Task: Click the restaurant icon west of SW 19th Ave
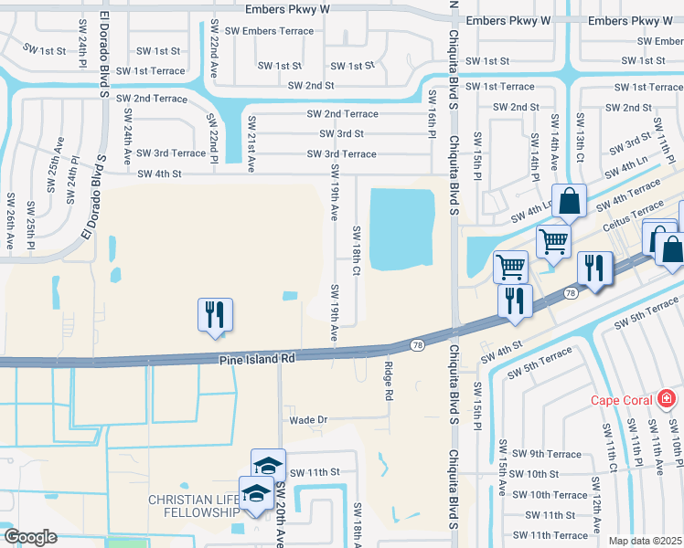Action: pos(216,315)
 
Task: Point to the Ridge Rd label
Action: pos(388,381)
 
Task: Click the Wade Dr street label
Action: pos(308,420)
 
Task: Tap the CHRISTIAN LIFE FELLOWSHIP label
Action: pos(194,506)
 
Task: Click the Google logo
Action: pos(30,537)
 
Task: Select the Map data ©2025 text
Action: pos(645,541)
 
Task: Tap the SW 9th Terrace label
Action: pos(546,454)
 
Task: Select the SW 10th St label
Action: pos(535,474)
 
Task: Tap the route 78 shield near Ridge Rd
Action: pos(417,345)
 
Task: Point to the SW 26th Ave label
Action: pos(10,222)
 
